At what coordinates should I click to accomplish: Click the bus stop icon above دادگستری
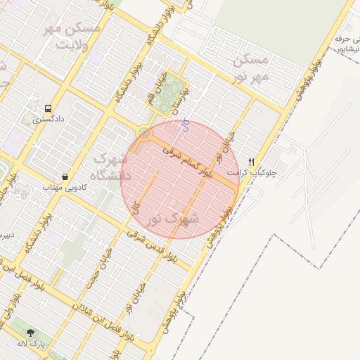[48, 108]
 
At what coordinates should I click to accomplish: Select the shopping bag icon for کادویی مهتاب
[65, 176]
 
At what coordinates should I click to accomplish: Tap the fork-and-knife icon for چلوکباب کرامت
[252, 161]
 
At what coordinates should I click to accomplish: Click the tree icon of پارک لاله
[30, 332]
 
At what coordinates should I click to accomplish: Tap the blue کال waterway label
[185, 126]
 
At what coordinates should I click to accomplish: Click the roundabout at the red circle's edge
[144, 133]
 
